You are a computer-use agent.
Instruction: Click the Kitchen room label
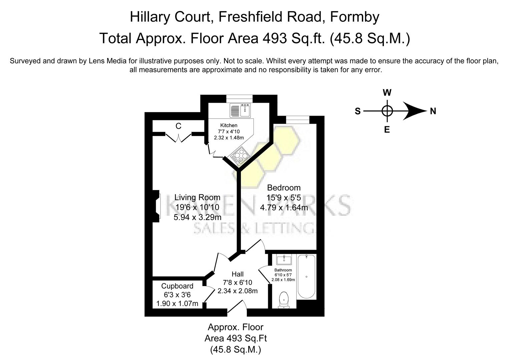(229, 125)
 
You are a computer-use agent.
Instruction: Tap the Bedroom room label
(284, 188)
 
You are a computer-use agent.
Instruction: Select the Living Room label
(197, 197)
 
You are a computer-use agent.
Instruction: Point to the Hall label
(237, 274)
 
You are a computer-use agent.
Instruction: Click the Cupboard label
(177, 286)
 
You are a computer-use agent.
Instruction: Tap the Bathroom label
(283, 270)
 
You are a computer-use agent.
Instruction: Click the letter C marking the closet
(178, 126)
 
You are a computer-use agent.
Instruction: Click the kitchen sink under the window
(240, 110)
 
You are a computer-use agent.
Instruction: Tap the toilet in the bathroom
(284, 299)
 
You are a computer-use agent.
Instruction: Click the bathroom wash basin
(284, 259)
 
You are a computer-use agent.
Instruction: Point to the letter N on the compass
(433, 111)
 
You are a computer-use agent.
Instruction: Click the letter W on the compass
(387, 93)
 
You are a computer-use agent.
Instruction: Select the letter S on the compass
(358, 111)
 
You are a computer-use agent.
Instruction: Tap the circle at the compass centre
(387, 111)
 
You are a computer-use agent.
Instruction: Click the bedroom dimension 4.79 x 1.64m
(284, 208)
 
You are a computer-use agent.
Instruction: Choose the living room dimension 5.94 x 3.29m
(197, 217)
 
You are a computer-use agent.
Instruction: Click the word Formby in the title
(355, 17)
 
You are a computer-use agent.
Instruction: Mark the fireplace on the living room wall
(156, 206)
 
